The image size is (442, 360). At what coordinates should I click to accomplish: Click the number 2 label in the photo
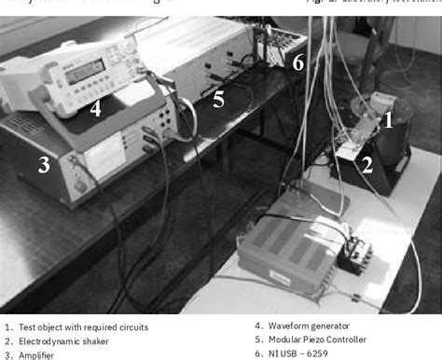[366, 166]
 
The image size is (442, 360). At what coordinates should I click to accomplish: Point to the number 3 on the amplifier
[43, 166]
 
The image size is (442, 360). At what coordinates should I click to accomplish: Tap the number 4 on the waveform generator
[95, 108]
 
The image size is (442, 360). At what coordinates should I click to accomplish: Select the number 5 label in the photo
[218, 98]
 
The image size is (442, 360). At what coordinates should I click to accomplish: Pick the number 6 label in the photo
[297, 62]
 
